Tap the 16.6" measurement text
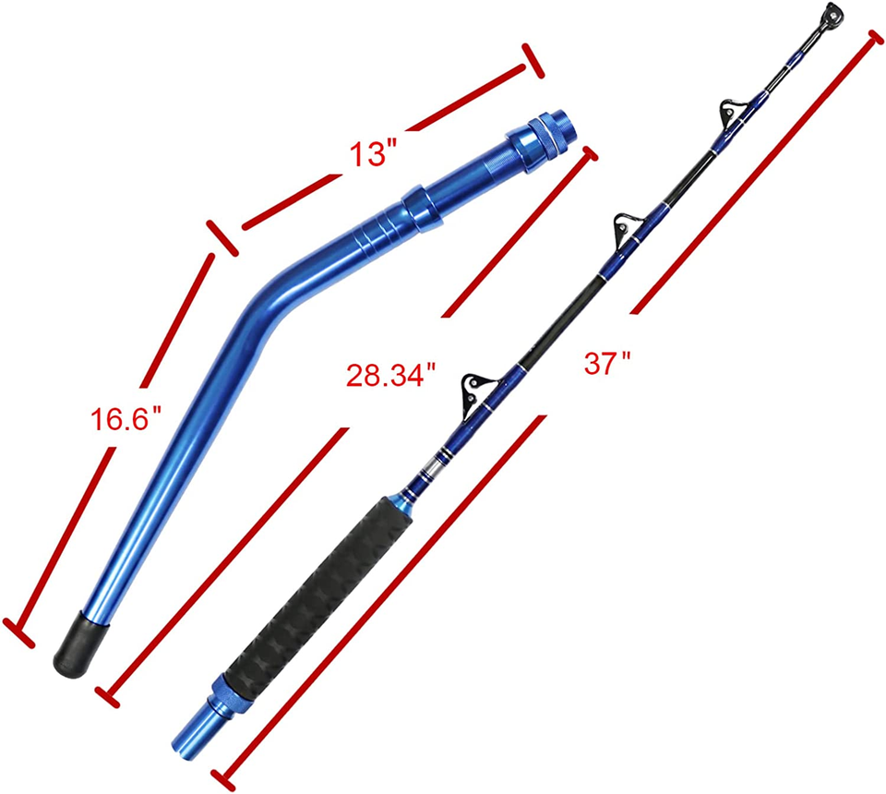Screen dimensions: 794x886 pyautogui.click(x=126, y=420)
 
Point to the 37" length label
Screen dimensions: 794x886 pyautogui.click(x=606, y=363)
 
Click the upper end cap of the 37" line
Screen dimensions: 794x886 pyautogui.click(x=873, y=38)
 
